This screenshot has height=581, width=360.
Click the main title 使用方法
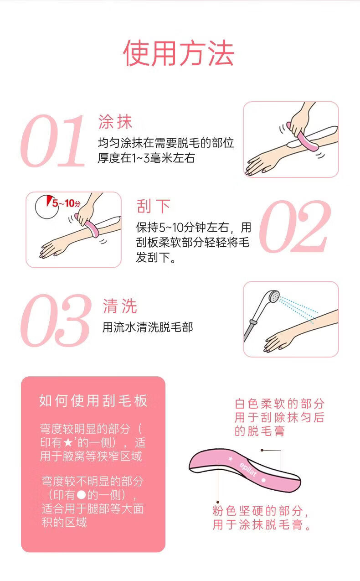(x=179, y=53)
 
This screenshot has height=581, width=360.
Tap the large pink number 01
(x=52, y=141)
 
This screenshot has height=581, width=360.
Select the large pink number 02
(x=295, y=227)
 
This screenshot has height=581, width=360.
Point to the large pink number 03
(x=56, y=321)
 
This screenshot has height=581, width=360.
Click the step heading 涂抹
(x=115, y=122)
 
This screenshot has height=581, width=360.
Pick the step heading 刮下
(x=154, y=206)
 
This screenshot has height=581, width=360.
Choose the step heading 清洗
(x=120, y=306)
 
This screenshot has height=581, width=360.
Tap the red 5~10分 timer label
(x=67, y=203)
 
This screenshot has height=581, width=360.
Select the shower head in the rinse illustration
(x=273, y=296)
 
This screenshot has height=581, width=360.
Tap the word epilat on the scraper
(x=248, y=469)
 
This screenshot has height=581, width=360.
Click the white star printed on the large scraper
(x=231, y=459)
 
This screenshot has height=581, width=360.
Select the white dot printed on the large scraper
(x=263, y=480)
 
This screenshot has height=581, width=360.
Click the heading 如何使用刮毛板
(x=93, y=400)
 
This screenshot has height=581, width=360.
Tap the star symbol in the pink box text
(x=68, y=443)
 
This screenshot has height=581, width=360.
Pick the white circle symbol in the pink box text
(x=82, y=495)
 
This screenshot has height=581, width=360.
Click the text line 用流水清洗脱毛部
(x=148, y=327)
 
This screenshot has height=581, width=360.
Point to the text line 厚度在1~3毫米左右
(x=146, y=158)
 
